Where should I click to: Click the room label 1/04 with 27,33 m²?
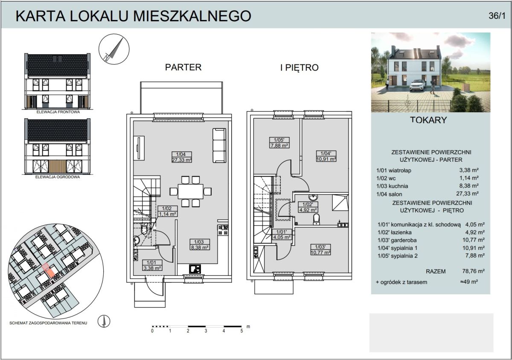coord(182,157)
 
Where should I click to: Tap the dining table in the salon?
coord(190,192)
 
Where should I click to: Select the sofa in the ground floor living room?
coord(219,145)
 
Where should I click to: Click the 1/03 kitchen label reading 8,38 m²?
coord(199,244)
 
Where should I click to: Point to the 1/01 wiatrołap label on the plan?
coord(152,265)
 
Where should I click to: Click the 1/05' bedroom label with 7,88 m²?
coord(279,142)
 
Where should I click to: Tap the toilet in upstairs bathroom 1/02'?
coord(317,219)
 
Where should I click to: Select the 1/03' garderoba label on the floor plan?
coord(320,250)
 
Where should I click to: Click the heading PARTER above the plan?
coord(183,67)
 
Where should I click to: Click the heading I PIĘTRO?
coord(300,68)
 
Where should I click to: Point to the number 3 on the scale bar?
coord(206,331)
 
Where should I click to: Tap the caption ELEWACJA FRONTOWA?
coord(58,112)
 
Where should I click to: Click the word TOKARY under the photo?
coord(428,120)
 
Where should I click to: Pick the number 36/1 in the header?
coord(497,16)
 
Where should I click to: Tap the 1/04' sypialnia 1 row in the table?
coord(431,248)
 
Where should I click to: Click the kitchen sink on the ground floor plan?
coord(195,269)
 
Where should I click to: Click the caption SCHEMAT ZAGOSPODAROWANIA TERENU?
coord(48,323)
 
